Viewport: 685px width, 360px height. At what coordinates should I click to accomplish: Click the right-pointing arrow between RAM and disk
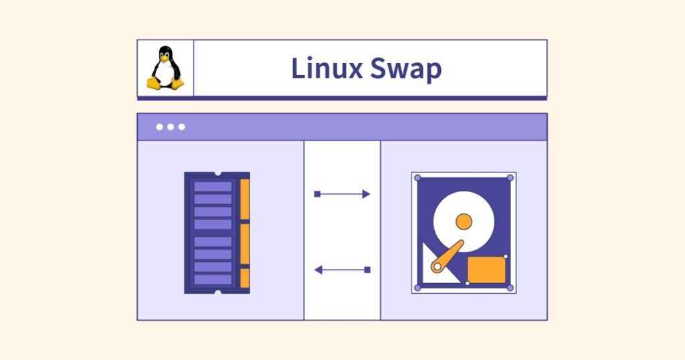(x=342, y=194)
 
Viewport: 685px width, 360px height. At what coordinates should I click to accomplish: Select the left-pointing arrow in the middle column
(x=342, y=270)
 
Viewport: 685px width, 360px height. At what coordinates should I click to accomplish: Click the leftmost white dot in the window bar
(x=159, y=127)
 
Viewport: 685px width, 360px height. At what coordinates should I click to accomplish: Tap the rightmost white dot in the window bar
(x=182, y=127)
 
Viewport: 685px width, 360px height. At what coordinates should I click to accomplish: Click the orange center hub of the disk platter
(x=464, y=221)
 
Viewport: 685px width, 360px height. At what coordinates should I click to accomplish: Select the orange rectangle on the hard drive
(x=486, y=269)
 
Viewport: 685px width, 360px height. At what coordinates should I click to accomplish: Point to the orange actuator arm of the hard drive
(x=450, y=256)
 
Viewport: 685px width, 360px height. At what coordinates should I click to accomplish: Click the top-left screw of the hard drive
(x=418, y=178)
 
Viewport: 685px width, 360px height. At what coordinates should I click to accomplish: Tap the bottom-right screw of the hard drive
(x=510, y=288)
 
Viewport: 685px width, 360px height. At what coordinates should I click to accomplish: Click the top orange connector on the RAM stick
(x=245, y=199)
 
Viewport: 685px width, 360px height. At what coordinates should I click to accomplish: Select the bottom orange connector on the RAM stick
(x=245, y=278)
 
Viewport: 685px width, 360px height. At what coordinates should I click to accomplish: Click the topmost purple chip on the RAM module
(x=213, y=186)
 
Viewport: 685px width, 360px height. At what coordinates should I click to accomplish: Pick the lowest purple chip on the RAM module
(x=213, y=280)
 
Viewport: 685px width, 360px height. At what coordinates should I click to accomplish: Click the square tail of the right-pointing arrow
(x=317, y=194)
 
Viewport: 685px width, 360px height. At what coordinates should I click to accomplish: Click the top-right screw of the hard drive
(x=510, y=178)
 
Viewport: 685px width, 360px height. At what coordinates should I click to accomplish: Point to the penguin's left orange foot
(x=154, y=84)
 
